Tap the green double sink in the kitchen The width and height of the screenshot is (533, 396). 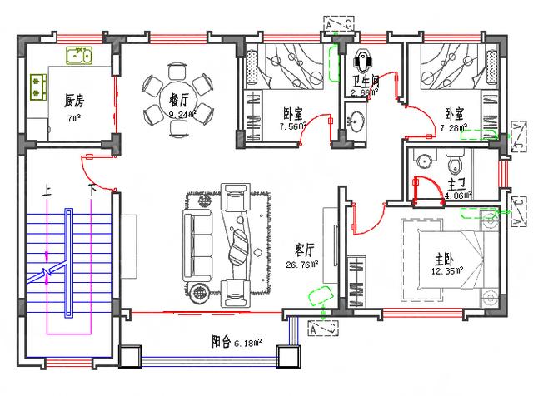pos(79,57)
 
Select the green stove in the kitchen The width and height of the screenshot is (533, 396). pos(37,84)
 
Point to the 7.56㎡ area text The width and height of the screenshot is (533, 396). pos(292,128)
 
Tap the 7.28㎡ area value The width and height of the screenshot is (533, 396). pos(455,128)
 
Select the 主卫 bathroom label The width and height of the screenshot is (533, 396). pos(457,182)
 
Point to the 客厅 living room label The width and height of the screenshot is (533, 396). pos(305,250)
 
